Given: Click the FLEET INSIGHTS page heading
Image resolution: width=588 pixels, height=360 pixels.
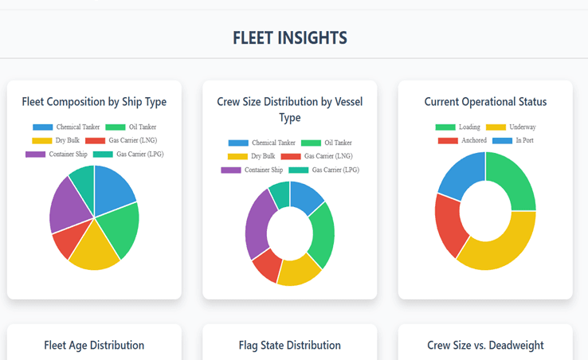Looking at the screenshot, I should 289,37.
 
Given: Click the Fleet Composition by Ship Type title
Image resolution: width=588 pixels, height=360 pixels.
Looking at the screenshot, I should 94,102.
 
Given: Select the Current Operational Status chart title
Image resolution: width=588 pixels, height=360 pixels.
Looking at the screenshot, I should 485,102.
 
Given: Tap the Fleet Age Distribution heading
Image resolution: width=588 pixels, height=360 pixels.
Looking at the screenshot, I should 94,345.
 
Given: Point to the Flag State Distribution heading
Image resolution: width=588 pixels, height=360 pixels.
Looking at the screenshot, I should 289,345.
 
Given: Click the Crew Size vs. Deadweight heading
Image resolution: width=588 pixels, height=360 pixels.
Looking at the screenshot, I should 485,345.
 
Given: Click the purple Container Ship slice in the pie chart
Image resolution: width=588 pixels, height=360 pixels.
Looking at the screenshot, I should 67,202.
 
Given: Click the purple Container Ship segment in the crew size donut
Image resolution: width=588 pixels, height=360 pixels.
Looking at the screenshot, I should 257,223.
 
